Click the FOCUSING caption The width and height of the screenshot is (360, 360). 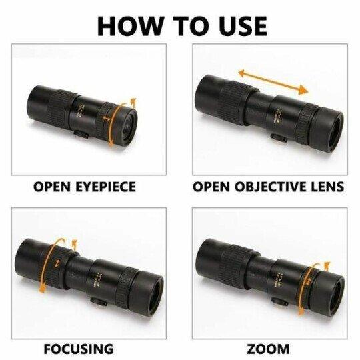[x=78, y=349]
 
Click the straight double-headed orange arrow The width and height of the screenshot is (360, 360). [x=273, y=79]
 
